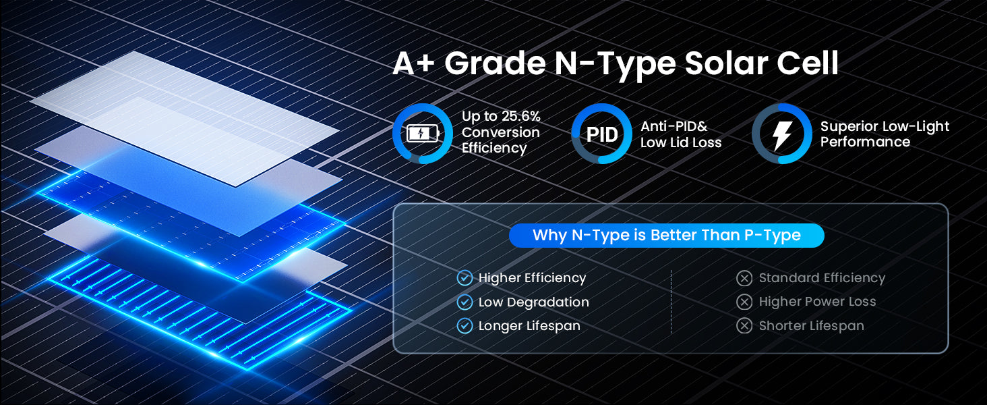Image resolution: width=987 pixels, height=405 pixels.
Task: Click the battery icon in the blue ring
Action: coord(423,134)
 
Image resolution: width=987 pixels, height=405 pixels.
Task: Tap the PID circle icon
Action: coord(601,134)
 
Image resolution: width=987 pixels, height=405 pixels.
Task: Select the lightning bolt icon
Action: coord(782,134)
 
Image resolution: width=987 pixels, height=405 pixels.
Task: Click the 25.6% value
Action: coord(521,116)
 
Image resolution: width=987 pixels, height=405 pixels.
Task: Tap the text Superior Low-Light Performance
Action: coord(885,134)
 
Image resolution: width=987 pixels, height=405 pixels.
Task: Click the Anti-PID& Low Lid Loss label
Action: coord(681,134)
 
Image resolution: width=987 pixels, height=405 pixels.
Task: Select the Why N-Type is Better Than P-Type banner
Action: coord(666,235)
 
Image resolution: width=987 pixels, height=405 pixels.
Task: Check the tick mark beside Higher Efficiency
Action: coord(465,278)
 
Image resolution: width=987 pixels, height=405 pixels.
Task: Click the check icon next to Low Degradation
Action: coord(465,302)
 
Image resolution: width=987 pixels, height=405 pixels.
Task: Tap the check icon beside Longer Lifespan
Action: coord(465,326)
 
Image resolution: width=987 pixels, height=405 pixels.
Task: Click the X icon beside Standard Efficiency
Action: coord(744,278)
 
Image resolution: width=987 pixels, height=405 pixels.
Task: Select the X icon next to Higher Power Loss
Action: coord(744,302)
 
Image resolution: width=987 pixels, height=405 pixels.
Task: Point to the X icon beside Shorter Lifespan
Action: coord(744,326)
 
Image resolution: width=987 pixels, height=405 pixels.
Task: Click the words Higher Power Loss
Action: coord(817,302)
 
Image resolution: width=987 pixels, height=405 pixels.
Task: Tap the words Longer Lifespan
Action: coord(529,326)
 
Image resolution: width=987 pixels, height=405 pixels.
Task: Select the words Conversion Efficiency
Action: coord(500,140)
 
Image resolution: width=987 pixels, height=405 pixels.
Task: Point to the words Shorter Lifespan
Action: coord(811,326)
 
